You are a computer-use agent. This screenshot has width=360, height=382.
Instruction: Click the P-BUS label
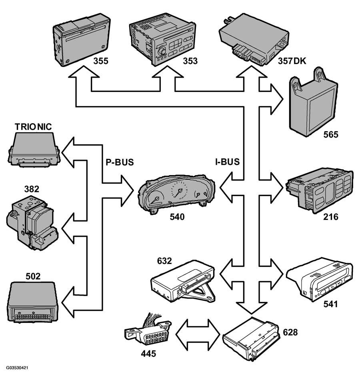(x=120, y=162)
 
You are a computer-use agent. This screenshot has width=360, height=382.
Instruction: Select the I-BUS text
(x=227, y=162)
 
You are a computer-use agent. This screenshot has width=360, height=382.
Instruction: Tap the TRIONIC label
(x=33, y=127)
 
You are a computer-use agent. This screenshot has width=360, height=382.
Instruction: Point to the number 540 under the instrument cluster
(x=177, y=217)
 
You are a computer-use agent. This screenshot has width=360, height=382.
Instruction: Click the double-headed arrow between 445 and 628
(x=198, y=334)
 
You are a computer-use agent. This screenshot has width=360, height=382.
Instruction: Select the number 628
(x=290, y=332)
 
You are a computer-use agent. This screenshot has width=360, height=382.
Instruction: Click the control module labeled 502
(x=33, y=302)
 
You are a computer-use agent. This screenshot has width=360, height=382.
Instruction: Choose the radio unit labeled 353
(x=162, y=39)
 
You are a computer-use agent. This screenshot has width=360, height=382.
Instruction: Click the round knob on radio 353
(x=162, y=52)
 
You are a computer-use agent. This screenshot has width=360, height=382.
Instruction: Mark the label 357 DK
(x=292, y=61)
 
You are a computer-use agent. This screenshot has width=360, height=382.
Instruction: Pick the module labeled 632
(x=183, y=281)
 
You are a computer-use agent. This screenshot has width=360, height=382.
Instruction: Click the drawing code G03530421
(x=17, y=368)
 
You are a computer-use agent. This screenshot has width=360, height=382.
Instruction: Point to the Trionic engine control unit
(x=34, y=150)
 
